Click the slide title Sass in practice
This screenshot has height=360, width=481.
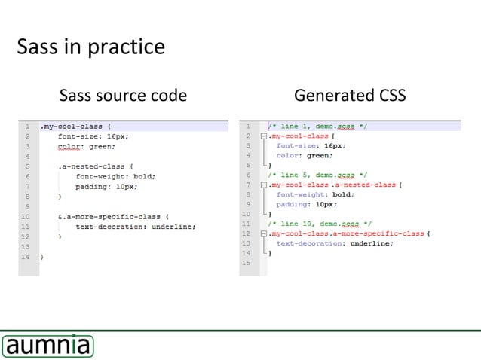tap(90, 47)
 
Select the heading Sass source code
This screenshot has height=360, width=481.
tap(123, 96)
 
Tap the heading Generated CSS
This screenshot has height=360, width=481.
tap(350, 96)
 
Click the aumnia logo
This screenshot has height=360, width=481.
tap(47, 346)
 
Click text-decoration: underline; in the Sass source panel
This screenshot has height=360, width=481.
tap(136, 227)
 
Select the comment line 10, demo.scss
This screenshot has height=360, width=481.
tap(320, 224)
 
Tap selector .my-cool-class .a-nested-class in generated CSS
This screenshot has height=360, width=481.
tap(332, 185)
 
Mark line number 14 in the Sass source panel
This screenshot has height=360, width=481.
tap(26, 257)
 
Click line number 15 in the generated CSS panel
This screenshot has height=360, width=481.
tap(246, 263)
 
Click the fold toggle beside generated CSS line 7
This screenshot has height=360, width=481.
tap(263, 185)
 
